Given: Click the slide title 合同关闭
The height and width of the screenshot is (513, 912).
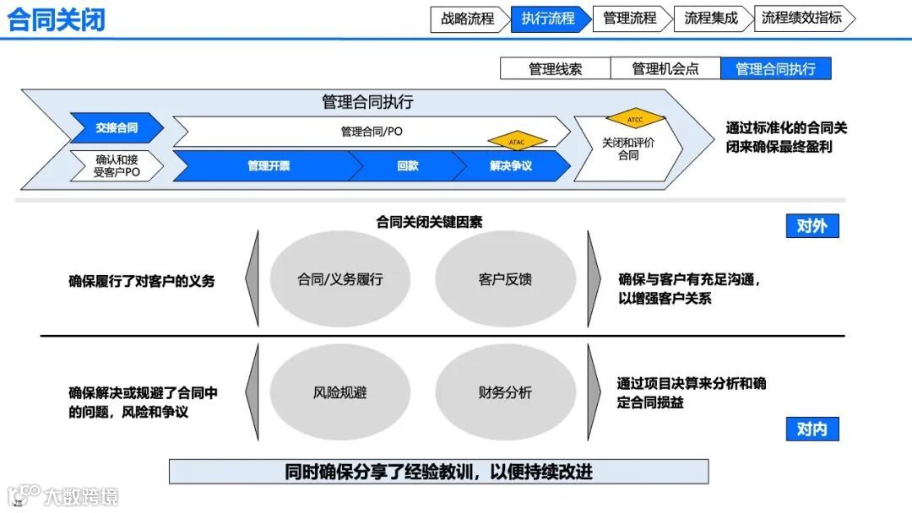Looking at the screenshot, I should coord(57,19).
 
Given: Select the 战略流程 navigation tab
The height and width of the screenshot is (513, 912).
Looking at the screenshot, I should coord(468,19).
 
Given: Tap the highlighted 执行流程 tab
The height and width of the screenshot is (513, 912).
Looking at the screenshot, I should coord(548,19).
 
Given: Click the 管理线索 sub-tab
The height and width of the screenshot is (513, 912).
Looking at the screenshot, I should coord(555,69).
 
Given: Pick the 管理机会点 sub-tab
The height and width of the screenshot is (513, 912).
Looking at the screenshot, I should coord(665,69).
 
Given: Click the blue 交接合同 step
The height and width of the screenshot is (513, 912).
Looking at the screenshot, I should coord(117,128).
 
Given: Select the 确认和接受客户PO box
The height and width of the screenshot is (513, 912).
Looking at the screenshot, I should coord(117,165).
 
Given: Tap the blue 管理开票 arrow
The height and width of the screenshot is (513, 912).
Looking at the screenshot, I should coord(268,166).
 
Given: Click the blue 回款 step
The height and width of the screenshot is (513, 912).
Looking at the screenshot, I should coord(407,166).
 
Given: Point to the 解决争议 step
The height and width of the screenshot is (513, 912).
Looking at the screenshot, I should coord(511,166).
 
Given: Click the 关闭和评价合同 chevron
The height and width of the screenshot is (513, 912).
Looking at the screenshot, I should coord(629,149).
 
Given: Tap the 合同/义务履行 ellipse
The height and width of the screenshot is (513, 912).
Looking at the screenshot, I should coord(339,278).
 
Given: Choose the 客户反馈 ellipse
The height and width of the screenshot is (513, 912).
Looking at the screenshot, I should coord(505,278).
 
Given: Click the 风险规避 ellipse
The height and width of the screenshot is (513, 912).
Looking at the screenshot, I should coord(339,392).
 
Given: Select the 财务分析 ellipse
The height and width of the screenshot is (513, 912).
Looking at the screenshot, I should coord(505,392).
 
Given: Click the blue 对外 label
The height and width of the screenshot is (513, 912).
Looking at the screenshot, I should coord(812,226).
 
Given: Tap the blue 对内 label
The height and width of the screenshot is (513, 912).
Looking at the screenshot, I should coord(812,429).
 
